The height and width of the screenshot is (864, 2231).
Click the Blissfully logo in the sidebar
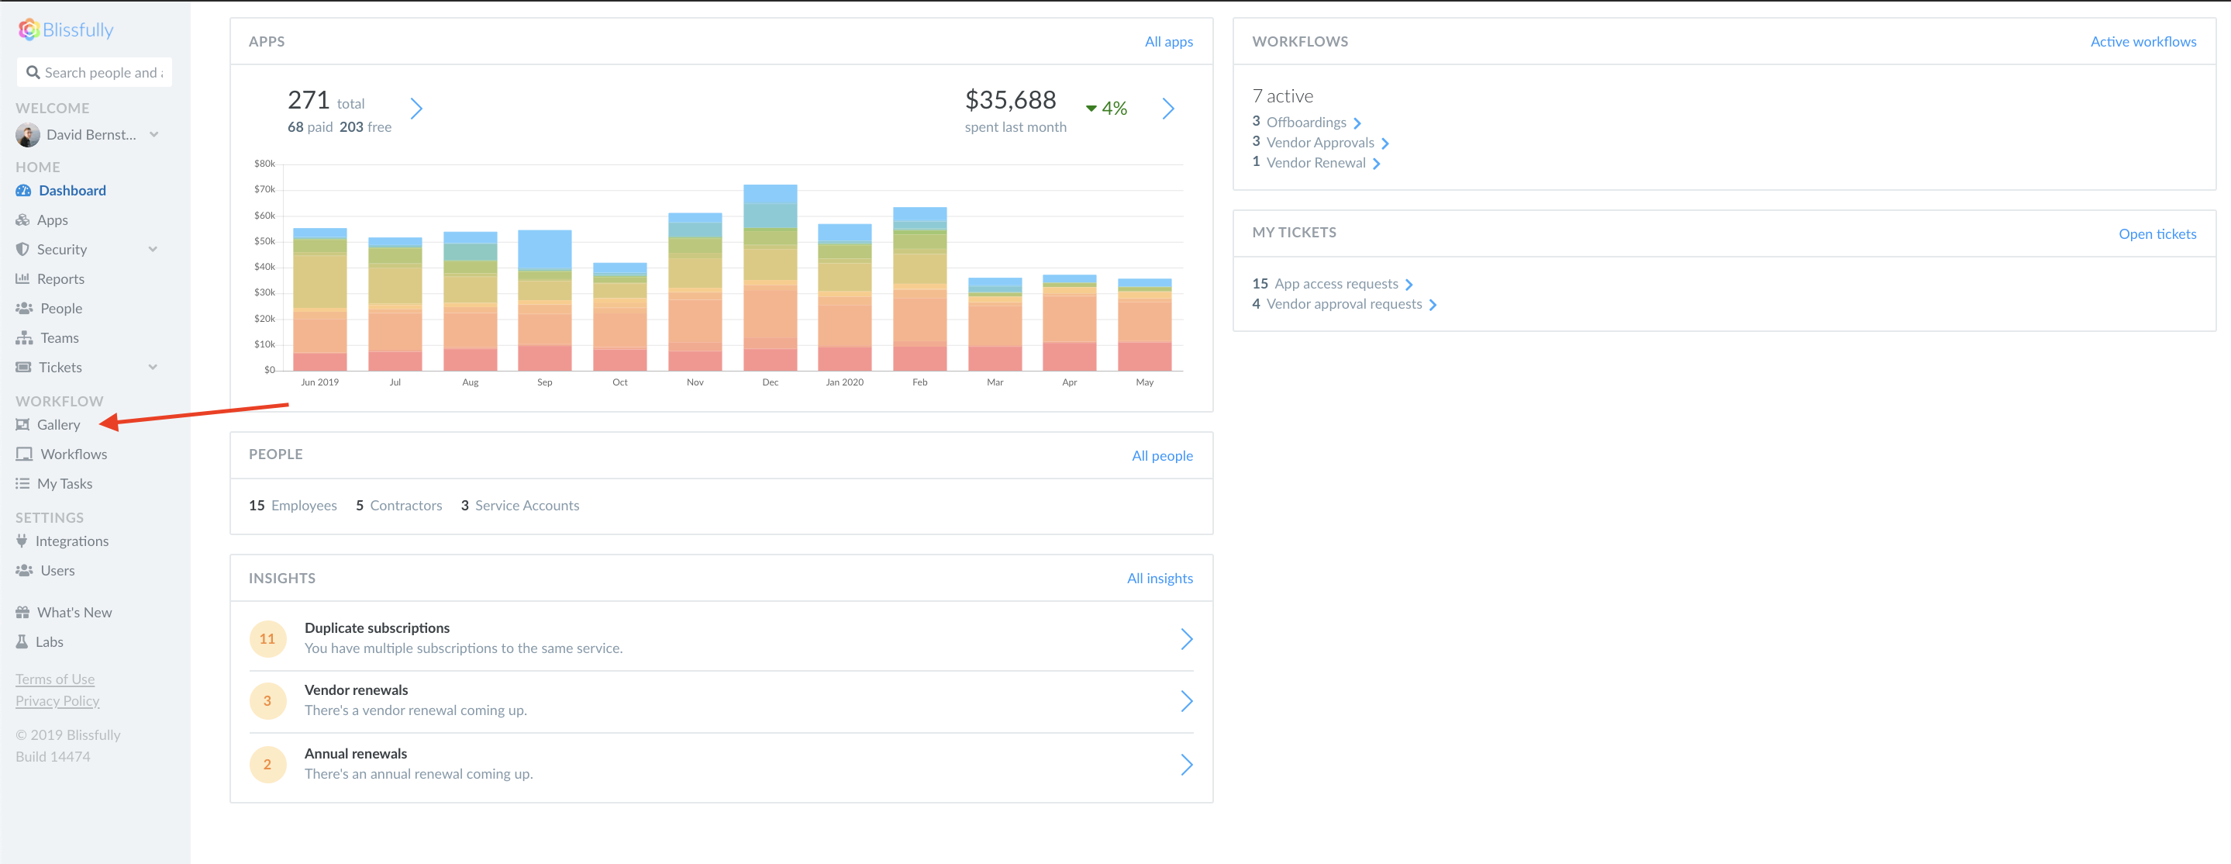(x=66, y=30)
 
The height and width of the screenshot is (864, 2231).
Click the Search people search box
(x=99, y=73)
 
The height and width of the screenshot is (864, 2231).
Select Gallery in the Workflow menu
(x=58, y=425)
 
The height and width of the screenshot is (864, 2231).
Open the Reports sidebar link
(x=60, y=279)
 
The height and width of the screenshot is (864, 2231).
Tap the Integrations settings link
(x=71, y=541)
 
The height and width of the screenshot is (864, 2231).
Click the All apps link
(x=1167, y=42)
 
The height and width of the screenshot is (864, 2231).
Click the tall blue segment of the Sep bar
(x=544, y=250)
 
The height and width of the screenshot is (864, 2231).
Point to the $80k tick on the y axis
(x=264, y=164)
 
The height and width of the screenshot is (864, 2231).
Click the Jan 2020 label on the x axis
(x=843, y=382)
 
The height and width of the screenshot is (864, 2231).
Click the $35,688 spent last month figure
(x=1010, y=101)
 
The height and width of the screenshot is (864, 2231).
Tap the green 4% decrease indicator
(x=1106, y=109)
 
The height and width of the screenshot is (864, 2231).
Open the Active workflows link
(x=2142, y=42)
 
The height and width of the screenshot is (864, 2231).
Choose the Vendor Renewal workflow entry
(x=1315, y=163)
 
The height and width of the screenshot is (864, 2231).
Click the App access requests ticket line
(x=1335, y=284)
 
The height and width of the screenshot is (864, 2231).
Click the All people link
(x=1161, y=456)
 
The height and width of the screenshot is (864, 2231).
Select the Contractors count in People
(x=398, y=505)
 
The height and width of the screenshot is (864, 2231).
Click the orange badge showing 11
(x=267, y=638)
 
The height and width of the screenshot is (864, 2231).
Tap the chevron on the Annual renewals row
(x=1185, y=765)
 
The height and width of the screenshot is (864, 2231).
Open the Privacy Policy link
(x=57, y=701)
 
